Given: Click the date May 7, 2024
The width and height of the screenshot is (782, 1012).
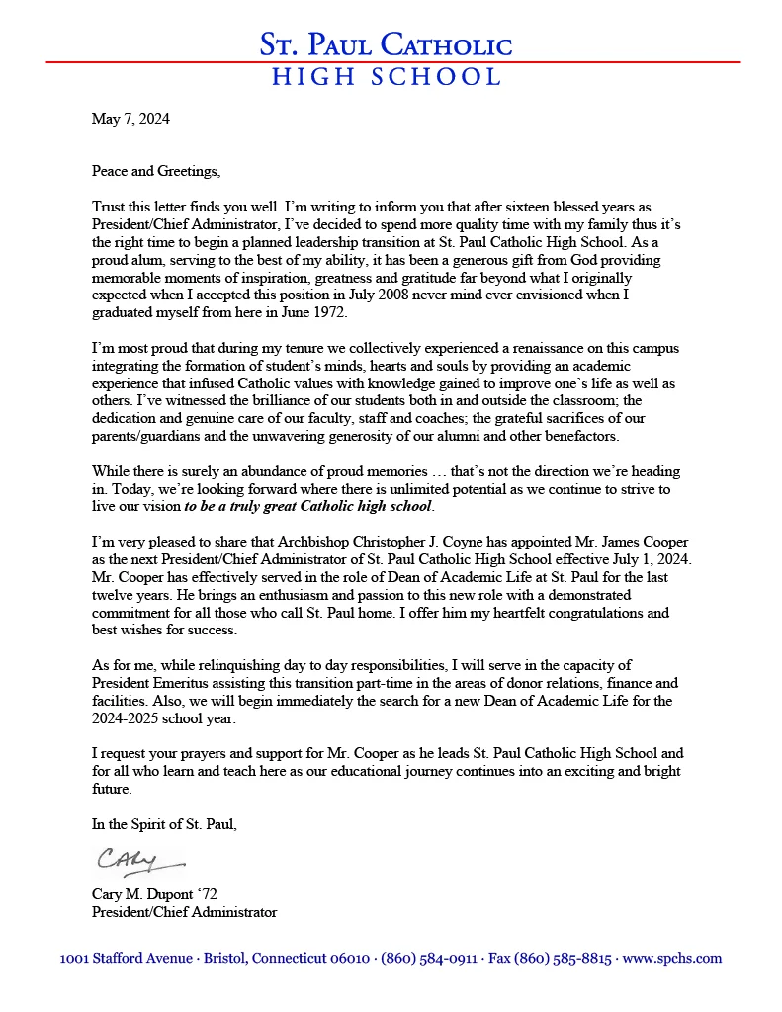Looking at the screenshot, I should coord(130,119).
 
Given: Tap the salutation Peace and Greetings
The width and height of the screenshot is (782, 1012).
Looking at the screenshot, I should coord(156,171).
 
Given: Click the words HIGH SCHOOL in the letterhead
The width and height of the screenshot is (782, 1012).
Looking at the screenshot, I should coord(387,77).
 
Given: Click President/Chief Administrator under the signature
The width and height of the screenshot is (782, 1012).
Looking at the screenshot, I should coord(184,912).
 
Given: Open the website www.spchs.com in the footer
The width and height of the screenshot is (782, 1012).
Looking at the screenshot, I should coord(672,959).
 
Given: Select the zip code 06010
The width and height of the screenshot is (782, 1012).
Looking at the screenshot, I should coord(350,959).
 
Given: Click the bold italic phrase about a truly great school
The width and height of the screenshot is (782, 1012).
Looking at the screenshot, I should coord(308,507).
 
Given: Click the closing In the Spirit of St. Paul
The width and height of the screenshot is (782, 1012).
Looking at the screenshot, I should coord(164,824).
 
